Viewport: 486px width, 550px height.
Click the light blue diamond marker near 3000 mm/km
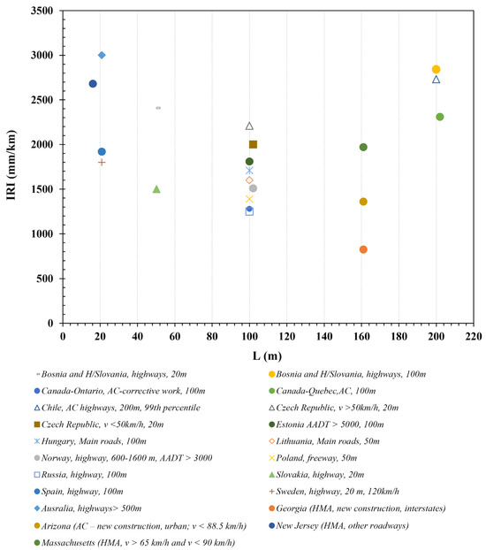coord(102,55)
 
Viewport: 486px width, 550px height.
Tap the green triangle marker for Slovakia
coord(156,189)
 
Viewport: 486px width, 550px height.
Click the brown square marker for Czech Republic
coord(253,144)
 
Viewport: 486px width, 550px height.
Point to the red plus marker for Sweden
coord(102,162)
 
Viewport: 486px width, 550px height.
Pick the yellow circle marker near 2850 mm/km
coord(436,69)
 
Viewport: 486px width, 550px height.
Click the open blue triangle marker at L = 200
coord(436,80)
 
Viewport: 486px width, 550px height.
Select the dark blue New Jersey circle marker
coord(93,84)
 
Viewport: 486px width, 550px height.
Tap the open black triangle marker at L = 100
coord(249,126)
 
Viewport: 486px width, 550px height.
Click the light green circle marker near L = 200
coord(440,117)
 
